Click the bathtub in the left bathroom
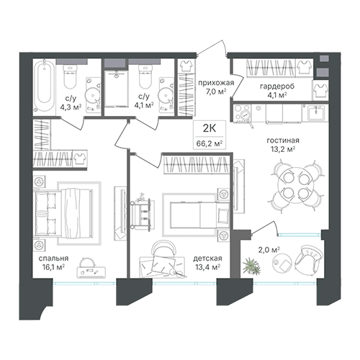(44, 86)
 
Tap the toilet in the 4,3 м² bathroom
(71, 76)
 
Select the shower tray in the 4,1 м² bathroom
(116, 89)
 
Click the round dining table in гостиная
(296, 186)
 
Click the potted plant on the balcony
(251, 266)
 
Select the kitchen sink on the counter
(316, 112)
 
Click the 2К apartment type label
(210, 128)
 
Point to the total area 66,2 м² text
(210, 143)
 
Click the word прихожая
(216, 83)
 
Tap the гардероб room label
(277, 86)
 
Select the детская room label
(207, 258)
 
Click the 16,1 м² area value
(53, 266)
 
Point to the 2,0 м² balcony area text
(269, 251)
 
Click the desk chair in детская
(163, 250)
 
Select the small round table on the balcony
(282, 263)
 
